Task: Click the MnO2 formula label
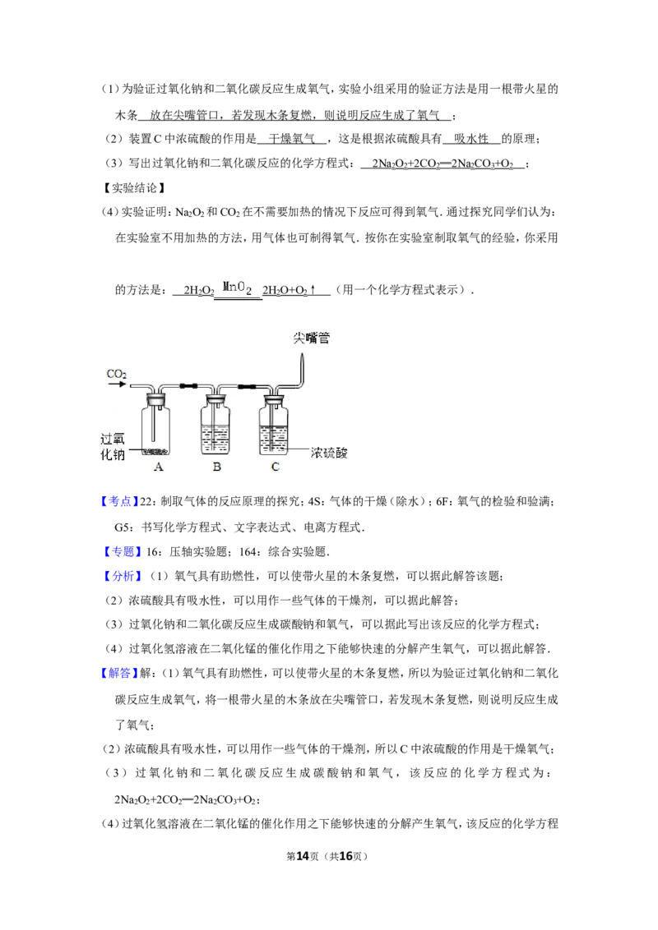[x=236, y=288]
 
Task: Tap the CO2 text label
[x=117, y=375]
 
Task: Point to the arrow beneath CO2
[x=116, y=385]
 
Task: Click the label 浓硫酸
[x=329, y=453]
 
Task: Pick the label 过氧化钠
[x=112, y=447]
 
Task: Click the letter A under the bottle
[x=159, y=467]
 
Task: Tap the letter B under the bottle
[x=216, y=467]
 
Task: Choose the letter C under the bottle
[x=275, y=467]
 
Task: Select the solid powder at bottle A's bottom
[x=158, y=450]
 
